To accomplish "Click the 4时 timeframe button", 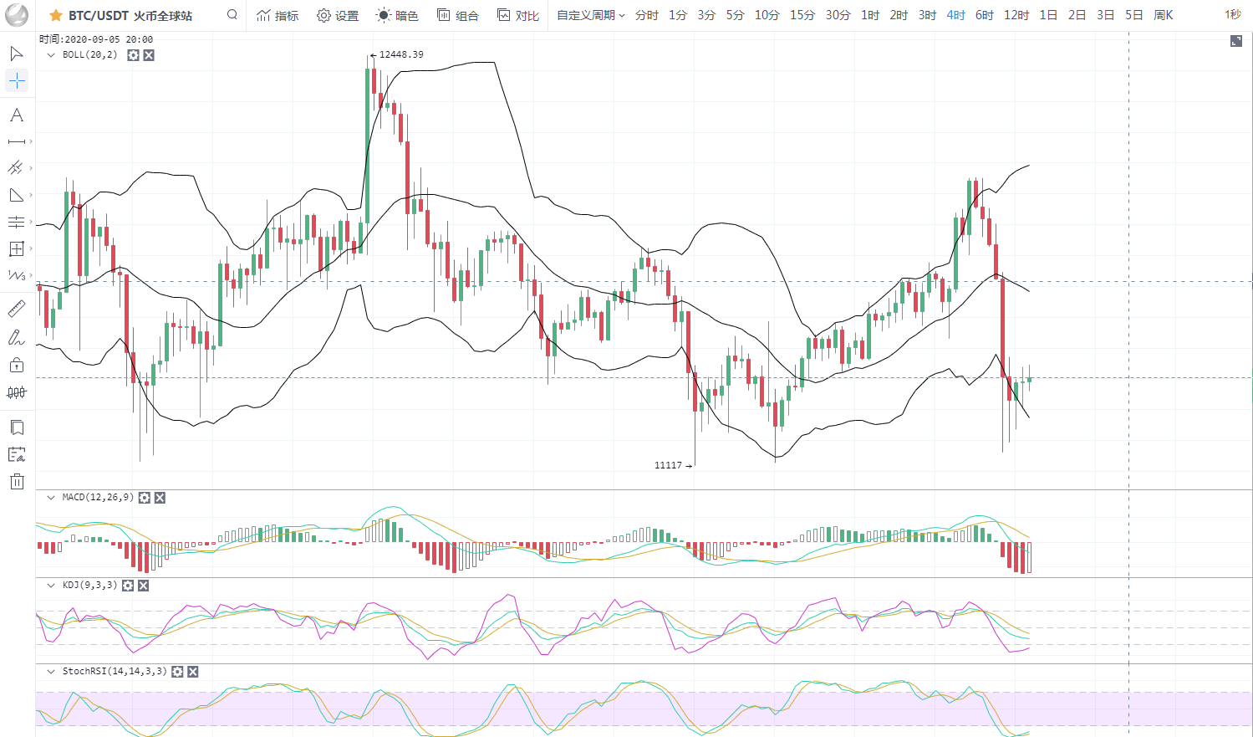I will pos(955,15).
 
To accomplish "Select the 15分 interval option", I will pos(802,15).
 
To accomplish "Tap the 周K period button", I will pos(1163,15).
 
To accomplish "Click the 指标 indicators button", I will pos(278,15).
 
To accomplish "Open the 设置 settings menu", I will pos(338,15).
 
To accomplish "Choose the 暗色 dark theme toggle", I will pos(397,15).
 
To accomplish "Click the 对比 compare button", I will pos(518,15).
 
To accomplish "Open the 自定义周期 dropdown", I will pos(590,15).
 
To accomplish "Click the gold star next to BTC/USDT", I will pos(56,15).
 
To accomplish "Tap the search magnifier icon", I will pos(232,14).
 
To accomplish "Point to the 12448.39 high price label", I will pos(400,54).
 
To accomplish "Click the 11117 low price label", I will pos(668,465).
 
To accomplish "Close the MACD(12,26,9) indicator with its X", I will pos(160,498).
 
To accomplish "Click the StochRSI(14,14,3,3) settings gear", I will pos(177,672).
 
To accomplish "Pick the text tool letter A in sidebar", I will pos(17,115).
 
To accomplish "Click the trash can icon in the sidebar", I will pos(17,481).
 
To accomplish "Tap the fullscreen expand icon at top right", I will pos(1235,41).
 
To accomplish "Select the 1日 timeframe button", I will pos(1048,15).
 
